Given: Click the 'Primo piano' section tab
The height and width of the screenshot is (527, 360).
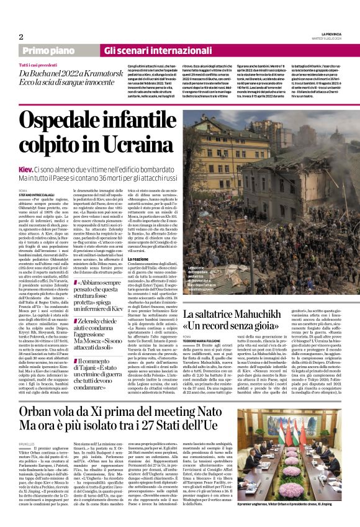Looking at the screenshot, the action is pos(56,50).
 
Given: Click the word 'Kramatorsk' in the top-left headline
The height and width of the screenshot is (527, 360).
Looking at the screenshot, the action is pos(110,73).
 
